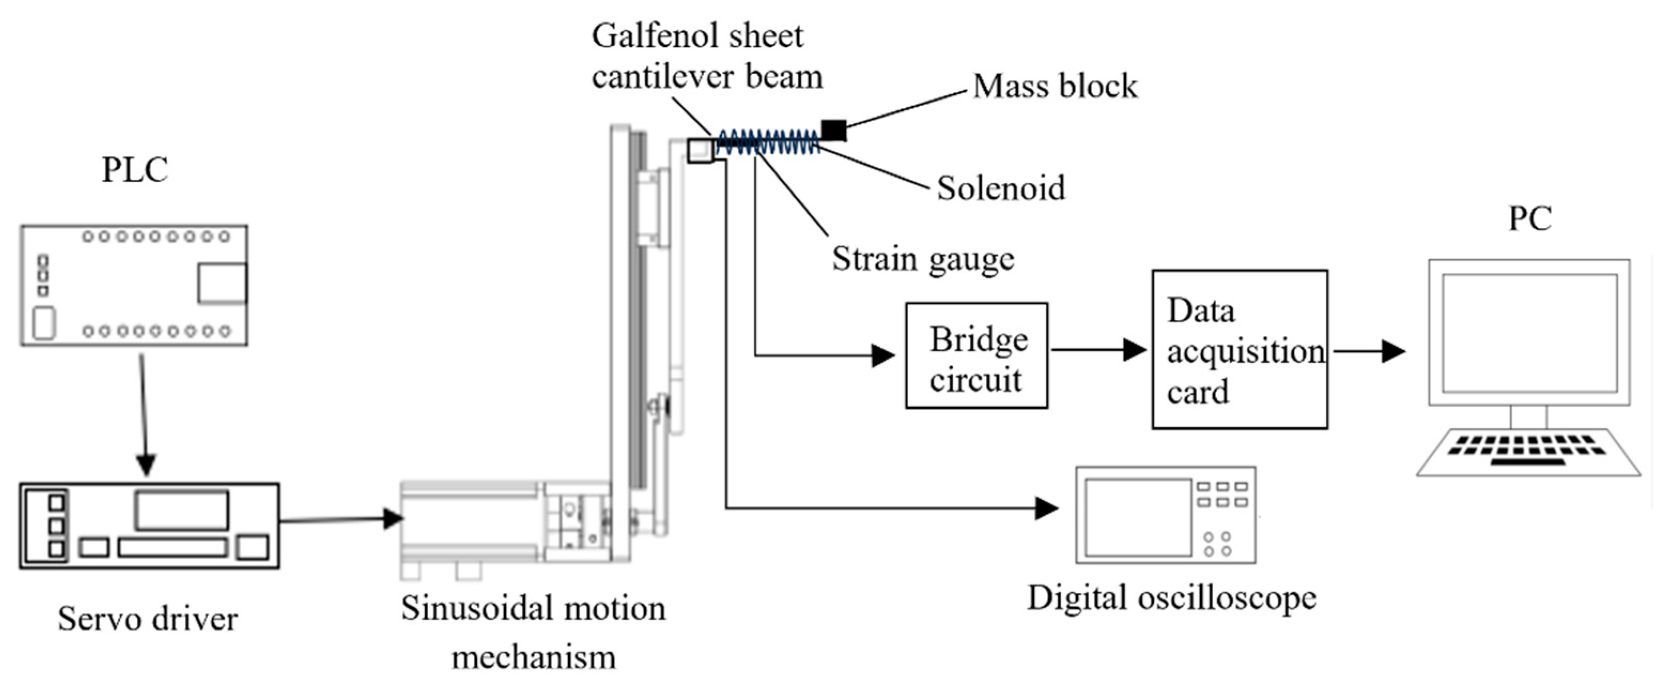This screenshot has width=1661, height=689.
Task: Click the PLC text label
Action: (x=135, y=170)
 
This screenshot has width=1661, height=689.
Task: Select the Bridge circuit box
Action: (x=976, y=356)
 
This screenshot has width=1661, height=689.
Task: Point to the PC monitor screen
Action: (x=1529, y=333)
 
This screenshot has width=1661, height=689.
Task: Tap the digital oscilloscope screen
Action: (x=1138, y=517)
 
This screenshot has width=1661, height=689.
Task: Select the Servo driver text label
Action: (x=148, y=619)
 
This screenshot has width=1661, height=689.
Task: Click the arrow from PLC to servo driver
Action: (x=144, y=415)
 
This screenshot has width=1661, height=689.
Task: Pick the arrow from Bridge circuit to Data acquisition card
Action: (x=1099, y=350)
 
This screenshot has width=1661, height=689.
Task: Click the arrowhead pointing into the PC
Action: (x=1394, y=351)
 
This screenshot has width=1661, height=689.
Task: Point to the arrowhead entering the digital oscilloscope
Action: (x=1047, y=508)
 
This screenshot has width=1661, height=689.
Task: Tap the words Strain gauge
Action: (x=923, y=259)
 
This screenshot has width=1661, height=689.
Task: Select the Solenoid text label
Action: (x=1001, y=188)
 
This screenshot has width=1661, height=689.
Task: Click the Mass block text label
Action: (x=1055, y=86)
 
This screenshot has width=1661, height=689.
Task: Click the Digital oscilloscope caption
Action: (x=1172, y=598)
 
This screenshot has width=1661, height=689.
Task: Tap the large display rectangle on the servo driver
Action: (x=181, y=510)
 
